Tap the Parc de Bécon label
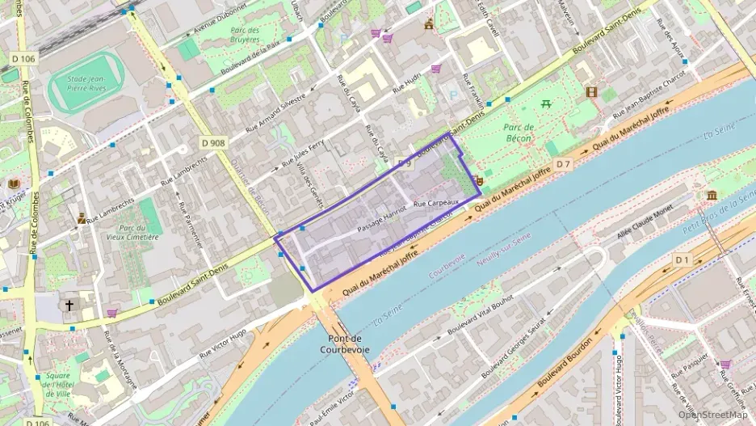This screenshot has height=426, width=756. pyautogui.click(x=519, y=133)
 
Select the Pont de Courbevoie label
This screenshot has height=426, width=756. pyautogui.click(x=349, y=344)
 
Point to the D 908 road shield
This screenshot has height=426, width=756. pyautogui.click(x=212, y=143)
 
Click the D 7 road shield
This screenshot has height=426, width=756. pyautogui.click(x=563, y=165)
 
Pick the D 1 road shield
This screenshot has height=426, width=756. pyautogui.click(x=682, y=259)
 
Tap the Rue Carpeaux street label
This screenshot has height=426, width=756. pyautogui.click(x=435, y=204)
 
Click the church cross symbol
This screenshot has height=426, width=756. pyautogui.click(x=69, y=306)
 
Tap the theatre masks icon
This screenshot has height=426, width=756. pyautogui.click(x=478, y=181)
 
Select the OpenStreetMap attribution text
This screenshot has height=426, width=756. pyautogui.click(x=713, y=415)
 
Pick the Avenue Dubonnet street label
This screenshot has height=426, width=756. pyautogui.click(x=217, y=25)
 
